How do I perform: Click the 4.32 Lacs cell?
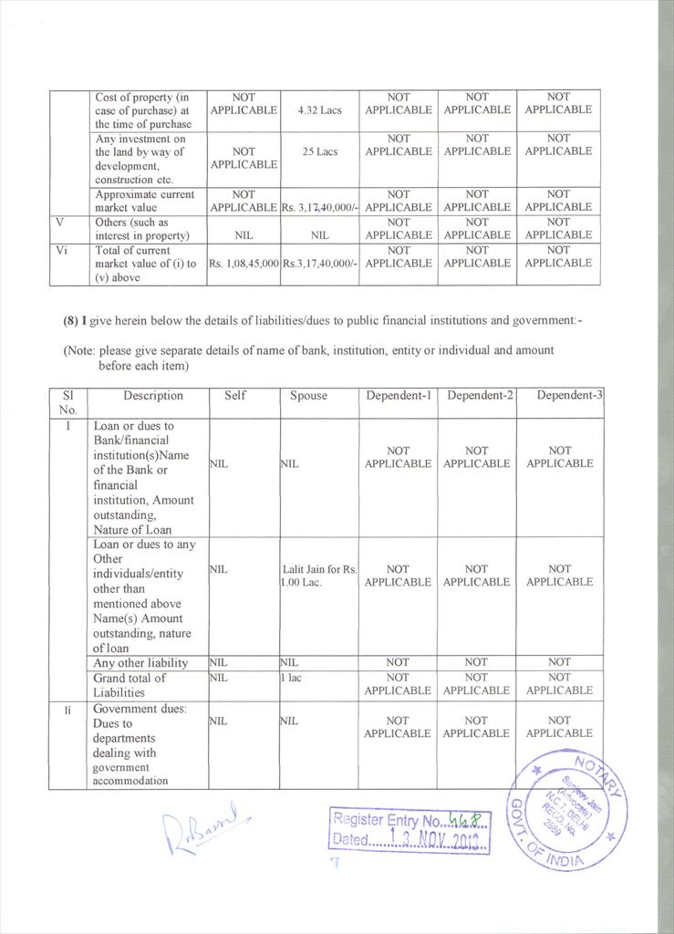click(319, 110)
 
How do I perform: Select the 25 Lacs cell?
click(319, 152)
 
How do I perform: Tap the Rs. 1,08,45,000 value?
click(243, 264)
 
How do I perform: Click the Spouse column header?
click(308, 396)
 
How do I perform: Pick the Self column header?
click(234, 396)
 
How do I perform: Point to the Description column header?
click(153, 396)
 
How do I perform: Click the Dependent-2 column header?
click(476, 396)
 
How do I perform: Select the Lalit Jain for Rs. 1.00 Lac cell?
click(318, 576)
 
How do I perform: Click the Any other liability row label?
click(140, 663)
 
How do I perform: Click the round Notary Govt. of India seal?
click(567, 809)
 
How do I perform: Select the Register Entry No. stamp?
click(410, 829)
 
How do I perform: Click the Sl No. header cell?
click(67, 402)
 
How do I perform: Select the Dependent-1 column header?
click(398, 396)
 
